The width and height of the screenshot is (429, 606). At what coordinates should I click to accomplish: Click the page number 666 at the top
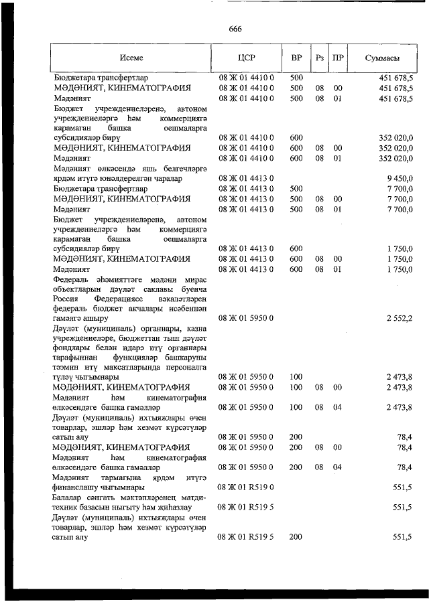235,29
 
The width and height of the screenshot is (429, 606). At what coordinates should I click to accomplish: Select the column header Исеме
132,58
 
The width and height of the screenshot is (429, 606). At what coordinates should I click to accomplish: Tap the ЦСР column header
247,58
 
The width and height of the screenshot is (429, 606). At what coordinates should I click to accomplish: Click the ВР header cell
296,58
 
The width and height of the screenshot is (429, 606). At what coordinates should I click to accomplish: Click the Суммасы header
383,58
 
